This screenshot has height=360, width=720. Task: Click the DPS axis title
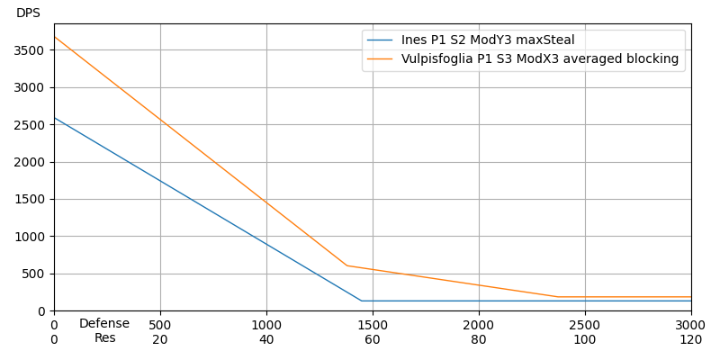pos(28,13)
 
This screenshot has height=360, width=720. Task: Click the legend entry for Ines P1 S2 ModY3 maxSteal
pos(488,40)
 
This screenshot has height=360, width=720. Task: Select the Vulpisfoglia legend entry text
pos(540,59)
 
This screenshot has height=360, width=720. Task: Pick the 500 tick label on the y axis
pos(33,274)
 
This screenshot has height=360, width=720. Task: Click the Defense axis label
pos(104,324)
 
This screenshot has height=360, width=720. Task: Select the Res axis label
pos(104,338)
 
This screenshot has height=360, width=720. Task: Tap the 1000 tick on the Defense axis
pos(266,325)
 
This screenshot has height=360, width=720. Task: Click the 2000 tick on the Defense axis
pos(479,325)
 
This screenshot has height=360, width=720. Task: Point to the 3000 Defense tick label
pos(690,325)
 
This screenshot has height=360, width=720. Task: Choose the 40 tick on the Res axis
pos(266,340)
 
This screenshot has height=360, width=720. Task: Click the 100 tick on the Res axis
pos(585,340)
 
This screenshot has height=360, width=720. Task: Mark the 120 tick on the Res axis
pos(690,340)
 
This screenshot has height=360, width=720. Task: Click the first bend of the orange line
pos(346,265)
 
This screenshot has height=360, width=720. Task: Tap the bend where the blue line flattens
pos(361,301)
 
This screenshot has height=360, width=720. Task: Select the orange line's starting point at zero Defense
pos(54,37)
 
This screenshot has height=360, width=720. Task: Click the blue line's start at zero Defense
pos(54,118)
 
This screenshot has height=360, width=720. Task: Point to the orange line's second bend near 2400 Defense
pos(557,297)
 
